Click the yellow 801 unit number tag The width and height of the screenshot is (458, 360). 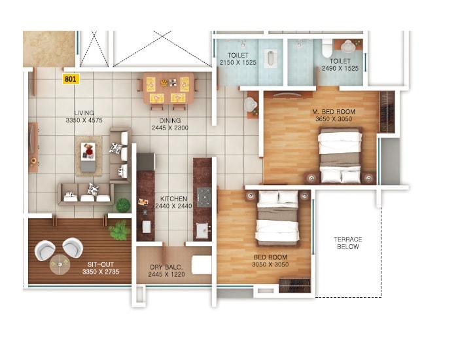coord(69,79)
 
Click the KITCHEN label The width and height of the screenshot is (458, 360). coord(173,198)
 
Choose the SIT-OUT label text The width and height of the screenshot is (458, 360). coord(100,264)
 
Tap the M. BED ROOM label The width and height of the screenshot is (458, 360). coord(333,113)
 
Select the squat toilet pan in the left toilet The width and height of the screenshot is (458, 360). coord(270,58)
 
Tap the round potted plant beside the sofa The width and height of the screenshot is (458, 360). coord(123,205)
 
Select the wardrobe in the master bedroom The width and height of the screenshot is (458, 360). coord(387,112)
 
